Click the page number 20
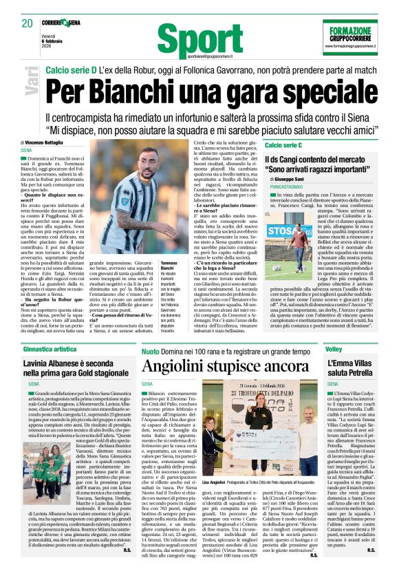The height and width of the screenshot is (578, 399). (x=28, y=23)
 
